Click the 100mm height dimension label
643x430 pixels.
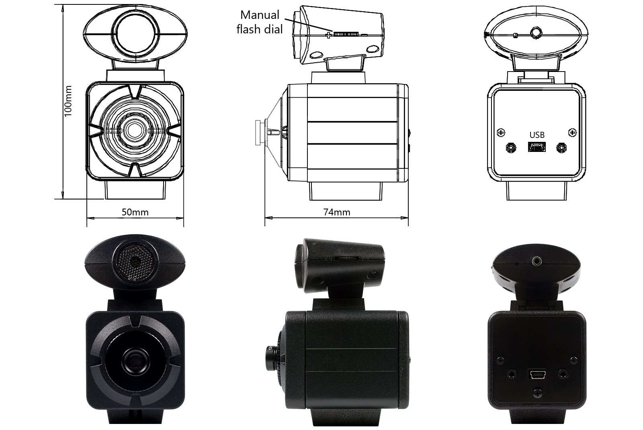[68, 100]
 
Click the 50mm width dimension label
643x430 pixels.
[135, 212]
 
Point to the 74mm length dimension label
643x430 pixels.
[337, 212]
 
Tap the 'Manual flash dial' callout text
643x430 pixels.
[260, 22]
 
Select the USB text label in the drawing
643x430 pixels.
[537, 135]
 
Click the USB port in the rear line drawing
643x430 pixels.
[537, 147]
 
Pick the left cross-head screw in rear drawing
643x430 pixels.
[501, 132]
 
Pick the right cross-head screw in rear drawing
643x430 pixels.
[572, 132]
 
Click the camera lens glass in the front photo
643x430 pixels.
[135, 360]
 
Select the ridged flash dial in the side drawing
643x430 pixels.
[345, 35]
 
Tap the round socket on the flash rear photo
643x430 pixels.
[537, 262]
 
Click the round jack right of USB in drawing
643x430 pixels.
[561, 148]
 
